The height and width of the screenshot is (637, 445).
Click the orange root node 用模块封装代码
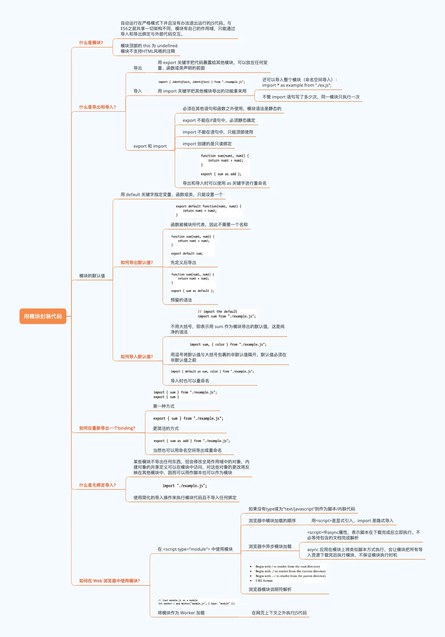tap(43, 316)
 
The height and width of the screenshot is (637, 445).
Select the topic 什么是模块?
tap(91, 43)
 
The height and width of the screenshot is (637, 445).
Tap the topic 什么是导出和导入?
tap(97, 107)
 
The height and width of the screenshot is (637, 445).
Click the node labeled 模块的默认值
tap(92, 276)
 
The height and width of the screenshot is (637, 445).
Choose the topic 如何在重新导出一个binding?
tap(107, 428)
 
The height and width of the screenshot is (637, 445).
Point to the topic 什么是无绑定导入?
tap(97, 485)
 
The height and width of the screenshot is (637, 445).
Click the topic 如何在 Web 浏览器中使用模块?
tap(109, 581)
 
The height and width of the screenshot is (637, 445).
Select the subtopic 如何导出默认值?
tap(137, 262)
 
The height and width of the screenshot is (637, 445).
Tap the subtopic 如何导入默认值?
tap(137, 357)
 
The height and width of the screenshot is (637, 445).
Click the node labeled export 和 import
tap(150, 146)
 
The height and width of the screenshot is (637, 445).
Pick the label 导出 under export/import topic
tap(138, 68)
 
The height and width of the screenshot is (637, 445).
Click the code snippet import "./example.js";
tap(185, 486)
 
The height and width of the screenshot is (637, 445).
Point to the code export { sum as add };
tap(221, 174)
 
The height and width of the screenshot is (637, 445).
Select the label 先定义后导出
tap(183, 262)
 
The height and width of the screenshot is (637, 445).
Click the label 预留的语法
tap(181, 300)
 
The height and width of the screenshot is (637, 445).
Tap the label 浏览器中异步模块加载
tap(270, 546)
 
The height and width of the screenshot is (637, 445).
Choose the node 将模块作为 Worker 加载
tap(181, 613)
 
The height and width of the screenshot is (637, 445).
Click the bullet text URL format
tap(264, 581)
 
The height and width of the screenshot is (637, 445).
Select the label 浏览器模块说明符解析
tap(270, 589)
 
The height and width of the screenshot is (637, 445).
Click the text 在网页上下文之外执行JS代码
tap(279, 613)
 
